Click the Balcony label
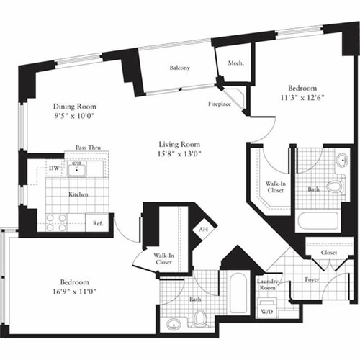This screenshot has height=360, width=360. coord(180,68)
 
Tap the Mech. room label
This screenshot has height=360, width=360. coord(236,63)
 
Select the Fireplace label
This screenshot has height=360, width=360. coord(220,104)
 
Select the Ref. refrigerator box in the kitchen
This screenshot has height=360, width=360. coord(96,224)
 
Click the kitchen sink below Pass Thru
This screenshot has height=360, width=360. coord(76,170)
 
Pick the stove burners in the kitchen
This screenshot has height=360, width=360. coord(57,222)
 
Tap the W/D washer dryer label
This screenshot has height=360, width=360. coord(266,312)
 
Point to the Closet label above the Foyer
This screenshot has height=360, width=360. coord(329,253)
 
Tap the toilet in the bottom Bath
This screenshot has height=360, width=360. coord(199,317)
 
